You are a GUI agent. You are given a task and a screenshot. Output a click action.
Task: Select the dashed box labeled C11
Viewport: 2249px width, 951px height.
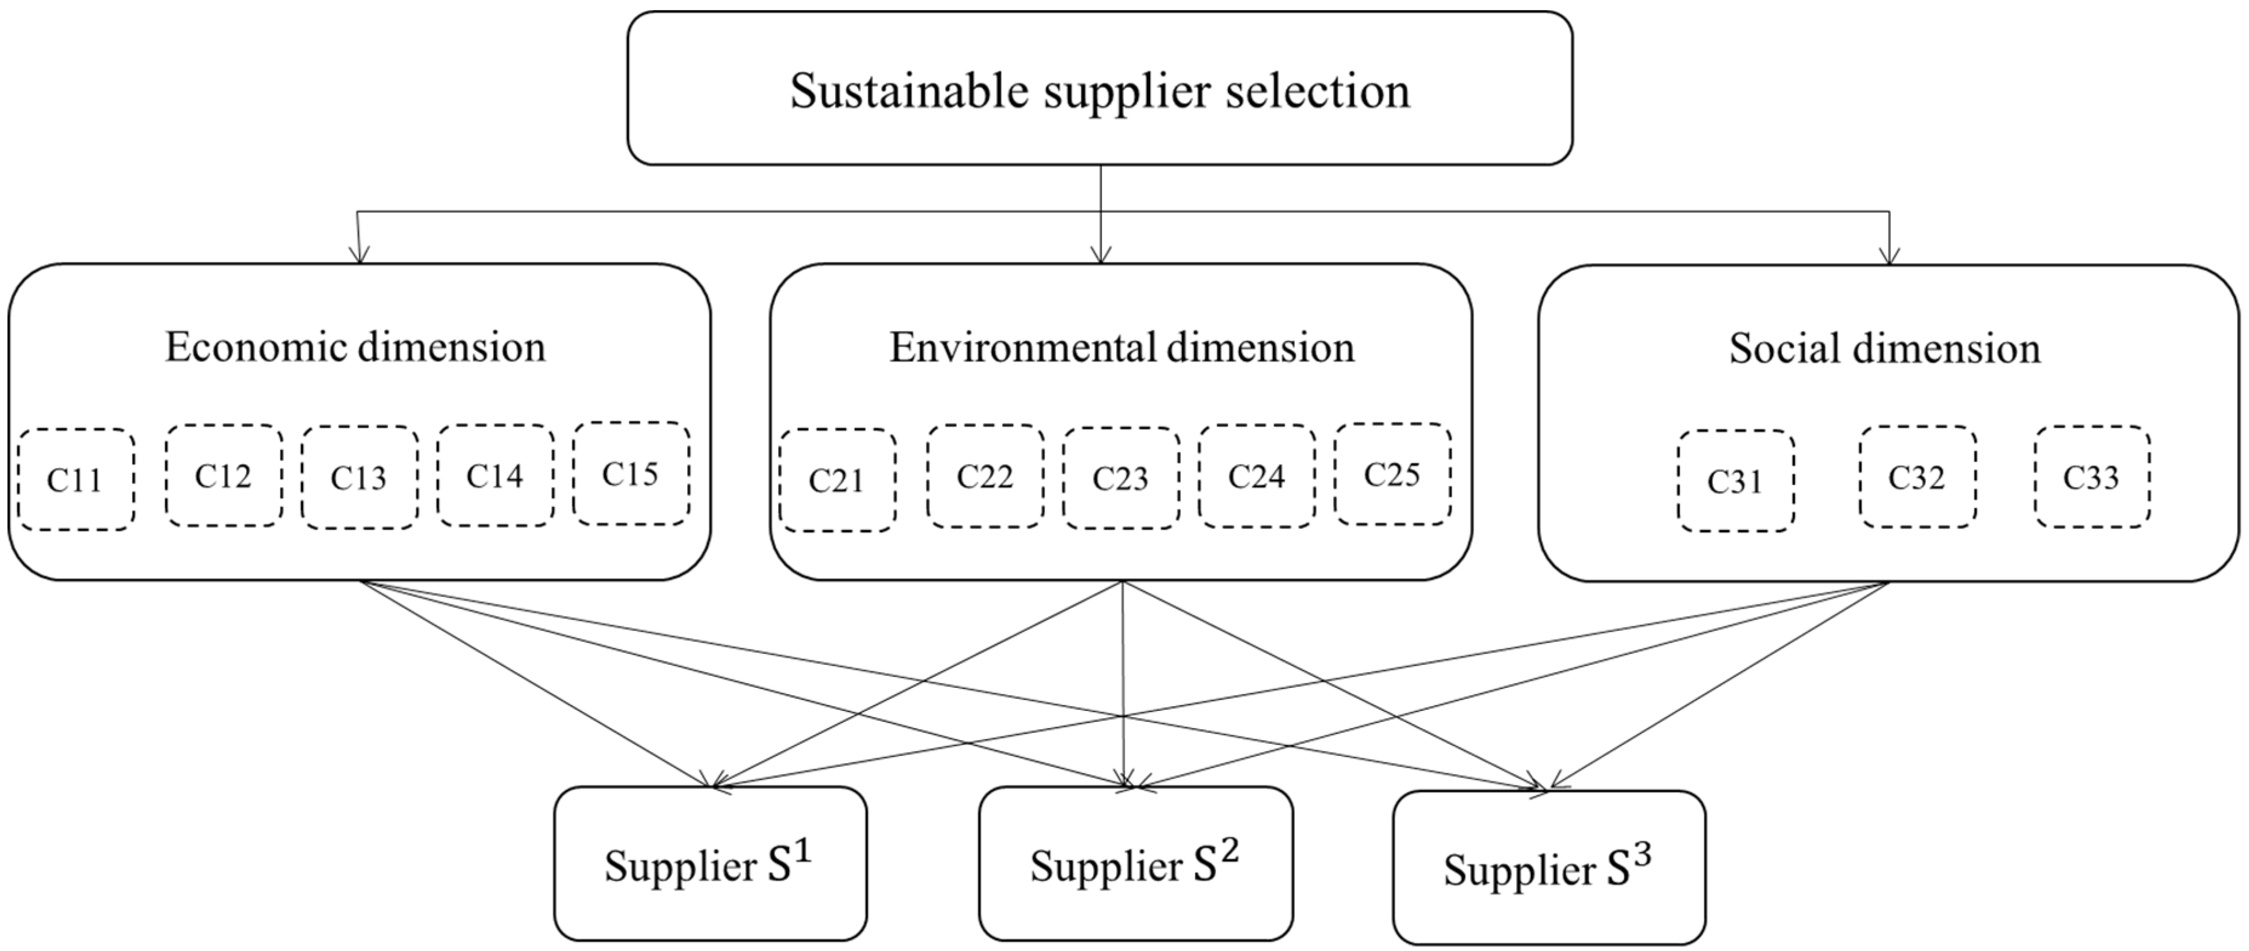(x=76, y=479)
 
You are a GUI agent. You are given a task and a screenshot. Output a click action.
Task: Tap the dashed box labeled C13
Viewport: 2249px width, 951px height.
(x=359, y=478)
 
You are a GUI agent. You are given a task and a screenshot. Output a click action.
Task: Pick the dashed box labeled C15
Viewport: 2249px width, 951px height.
(x=630, y=473)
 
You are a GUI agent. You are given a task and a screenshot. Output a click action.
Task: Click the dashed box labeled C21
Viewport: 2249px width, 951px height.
(x=837, y=480)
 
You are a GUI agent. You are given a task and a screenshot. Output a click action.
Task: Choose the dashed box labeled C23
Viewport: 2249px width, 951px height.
(x=1120, y=478)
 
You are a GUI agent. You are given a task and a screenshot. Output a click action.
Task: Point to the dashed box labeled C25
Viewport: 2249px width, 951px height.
(x=1392, y=474)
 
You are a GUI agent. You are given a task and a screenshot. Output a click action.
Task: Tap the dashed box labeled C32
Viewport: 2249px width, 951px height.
(x=1916, y=478)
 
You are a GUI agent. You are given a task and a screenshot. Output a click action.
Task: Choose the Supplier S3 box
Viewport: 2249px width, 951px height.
(x=1548, y=867)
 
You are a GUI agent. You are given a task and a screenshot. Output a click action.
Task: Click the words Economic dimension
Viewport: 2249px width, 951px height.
(x=355, y=347)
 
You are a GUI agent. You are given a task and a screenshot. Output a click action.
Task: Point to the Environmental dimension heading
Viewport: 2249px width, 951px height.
(x=1122, y=347)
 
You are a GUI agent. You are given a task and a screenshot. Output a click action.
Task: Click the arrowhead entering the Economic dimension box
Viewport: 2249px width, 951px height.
(x=359, y=256)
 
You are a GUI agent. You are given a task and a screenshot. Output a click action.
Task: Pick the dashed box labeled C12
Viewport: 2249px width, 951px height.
(x=224, y=476)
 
